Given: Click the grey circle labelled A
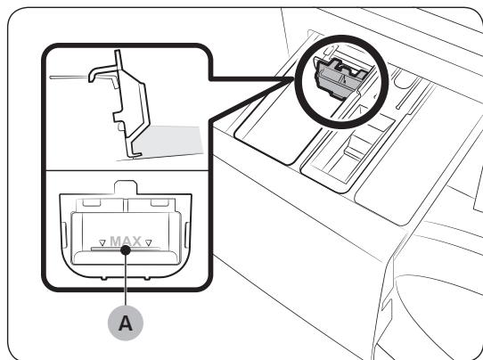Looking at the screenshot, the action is pos(126,323).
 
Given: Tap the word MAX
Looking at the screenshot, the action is pos(126,241).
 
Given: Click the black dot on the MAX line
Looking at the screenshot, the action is pos(126,250).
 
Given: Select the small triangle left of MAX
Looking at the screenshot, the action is pos(102,243).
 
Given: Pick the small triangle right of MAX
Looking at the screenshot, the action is pos(149,243).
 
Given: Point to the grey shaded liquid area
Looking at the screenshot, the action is pos(168,141).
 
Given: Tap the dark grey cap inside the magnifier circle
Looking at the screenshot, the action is pos(340,78).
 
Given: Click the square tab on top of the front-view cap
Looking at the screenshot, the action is pos(126,187).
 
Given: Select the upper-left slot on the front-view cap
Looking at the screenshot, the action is pos(92,202).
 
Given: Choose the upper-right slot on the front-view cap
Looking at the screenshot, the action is pos(160,202).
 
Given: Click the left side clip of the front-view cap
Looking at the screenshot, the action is pos(64,235).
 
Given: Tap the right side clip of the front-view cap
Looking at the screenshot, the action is pos(187,235).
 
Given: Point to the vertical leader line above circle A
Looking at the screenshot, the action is pos(126,280).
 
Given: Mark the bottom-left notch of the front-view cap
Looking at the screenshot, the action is pos(103,278).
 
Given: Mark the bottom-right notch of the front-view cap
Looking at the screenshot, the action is pos(147,278).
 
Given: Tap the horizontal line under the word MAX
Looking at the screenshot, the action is pos(126,249).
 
